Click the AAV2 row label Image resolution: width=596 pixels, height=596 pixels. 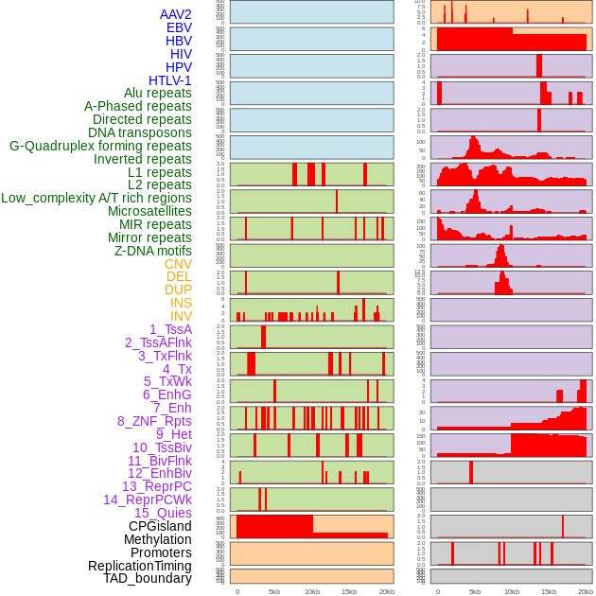tap(176, 14)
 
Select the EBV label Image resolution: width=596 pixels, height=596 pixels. tap(179, 27)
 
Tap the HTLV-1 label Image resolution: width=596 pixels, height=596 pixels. tap(170, 80)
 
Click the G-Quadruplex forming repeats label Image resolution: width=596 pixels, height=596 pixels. tap(100, 146)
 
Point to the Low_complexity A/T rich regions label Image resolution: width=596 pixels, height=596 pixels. tap(96, 198)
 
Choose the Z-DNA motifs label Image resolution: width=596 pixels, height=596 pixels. tap(153, 251)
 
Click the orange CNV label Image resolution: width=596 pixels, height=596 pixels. tap(178, 264)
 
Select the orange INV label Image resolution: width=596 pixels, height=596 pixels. tap(181, 316)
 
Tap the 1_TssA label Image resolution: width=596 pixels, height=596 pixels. tap(170, 329)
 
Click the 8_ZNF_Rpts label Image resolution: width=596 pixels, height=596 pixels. tap(154, 421)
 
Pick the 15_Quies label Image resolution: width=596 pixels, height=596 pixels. tap(163, 513)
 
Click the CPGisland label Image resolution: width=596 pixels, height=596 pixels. tap(160, 526)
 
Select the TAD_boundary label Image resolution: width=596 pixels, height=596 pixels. tap(148, 578)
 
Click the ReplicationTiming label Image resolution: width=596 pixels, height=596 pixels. tap(140, 566)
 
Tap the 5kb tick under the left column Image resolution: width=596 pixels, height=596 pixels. tap(274, 591)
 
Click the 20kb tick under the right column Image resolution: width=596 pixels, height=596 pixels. tap(586, 591)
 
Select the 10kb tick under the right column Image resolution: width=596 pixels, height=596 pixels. tap(512, 591)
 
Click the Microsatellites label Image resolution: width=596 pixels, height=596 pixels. tap(149, 211)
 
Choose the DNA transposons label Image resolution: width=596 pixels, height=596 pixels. tap(140, 132)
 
